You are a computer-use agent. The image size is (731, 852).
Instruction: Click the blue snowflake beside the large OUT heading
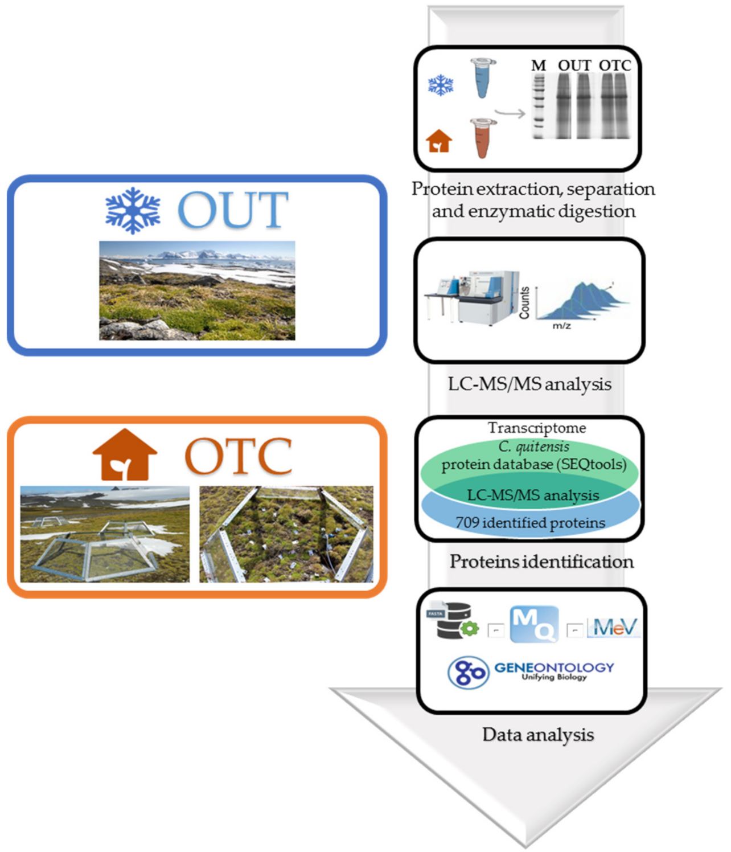pyautogui.click(x=133, y=210)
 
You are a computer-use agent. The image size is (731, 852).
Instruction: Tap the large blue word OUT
pyautogui.click(x=233, y=210)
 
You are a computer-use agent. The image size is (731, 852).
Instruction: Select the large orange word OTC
pyautogui.click(x=239, y=456)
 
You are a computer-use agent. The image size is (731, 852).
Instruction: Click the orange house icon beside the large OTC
pyautogui.click(x=125, y=455)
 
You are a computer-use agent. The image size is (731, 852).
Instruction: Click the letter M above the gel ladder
pyautogui.click(x=538, y=66)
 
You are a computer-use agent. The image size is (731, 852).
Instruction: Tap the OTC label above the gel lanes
pyautogui.click(x=615, y=66)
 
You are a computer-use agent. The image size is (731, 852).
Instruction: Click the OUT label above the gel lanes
pyautogui.click(x=574, y=66)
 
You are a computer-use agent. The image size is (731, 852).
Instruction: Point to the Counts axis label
pyautogui.click(x=524, y=302)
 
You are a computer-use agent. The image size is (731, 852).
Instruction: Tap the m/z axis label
pyautogui.click(x=561, y=326)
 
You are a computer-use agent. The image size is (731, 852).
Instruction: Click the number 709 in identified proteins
pyautogui.click(x=467, y=522)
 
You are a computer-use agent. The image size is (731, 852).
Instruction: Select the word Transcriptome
pyautogui.click(x=536, y=428)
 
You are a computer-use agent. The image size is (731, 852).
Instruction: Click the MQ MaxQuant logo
pyautogui.click(x=534, y=625)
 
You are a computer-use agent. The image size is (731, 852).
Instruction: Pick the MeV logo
pyautogui.click(x=614, y=628)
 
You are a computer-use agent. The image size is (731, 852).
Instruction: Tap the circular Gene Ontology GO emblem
pyautogui.click(x=468, y=673)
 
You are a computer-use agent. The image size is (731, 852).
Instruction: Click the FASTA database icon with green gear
pyautogui.click(x=454, y=621)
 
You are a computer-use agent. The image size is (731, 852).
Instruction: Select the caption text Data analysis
pyautogui.click(x=538, y=735)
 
